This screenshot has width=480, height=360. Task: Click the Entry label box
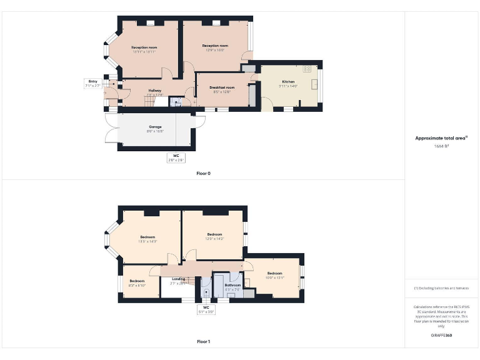(x=92, y=83)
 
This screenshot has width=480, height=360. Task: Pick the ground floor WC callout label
(x=176, y=157)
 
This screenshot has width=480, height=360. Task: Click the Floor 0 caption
(x=203, y=173)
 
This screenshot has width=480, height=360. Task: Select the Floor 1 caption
(x=203, y=342)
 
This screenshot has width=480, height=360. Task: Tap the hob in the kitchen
(x=307, y=68)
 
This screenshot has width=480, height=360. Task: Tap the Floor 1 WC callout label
(x=206, y=309)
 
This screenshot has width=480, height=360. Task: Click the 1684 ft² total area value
(x=441, y=146)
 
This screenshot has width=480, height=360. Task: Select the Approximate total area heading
(x=441, y=137)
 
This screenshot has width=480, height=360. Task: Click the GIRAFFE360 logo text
(x=441, y=336)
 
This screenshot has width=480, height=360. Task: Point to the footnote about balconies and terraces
(x=441, y=288)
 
